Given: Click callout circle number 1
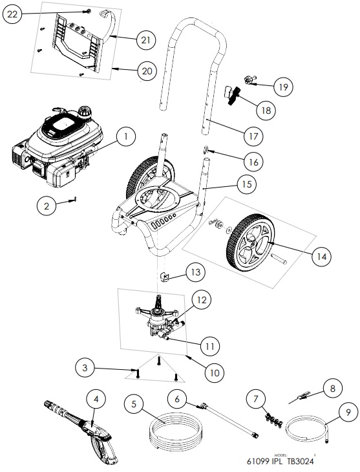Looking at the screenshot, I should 126,136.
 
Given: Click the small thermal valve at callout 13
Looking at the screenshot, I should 164,277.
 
